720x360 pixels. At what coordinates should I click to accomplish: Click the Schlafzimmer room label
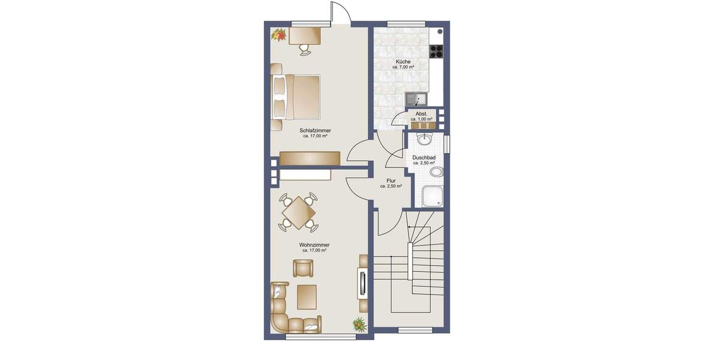pos(315,130)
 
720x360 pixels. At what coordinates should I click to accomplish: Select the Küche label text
pos(403,62)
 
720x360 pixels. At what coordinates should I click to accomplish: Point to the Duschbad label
pos(424,158)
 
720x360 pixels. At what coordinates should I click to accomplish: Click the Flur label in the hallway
pos(391,181)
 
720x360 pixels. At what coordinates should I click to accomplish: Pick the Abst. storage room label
pos(421,114)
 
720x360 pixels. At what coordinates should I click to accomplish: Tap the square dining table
pos(298,212)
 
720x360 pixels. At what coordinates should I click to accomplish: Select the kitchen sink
pos(415,98)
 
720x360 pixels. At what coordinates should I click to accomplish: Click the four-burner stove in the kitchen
pos(436,52)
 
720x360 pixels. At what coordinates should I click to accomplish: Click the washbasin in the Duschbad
pos(425,139)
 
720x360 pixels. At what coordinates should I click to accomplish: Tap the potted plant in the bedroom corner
pos(278,36)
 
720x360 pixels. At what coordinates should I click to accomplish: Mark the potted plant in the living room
pos(359,325)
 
